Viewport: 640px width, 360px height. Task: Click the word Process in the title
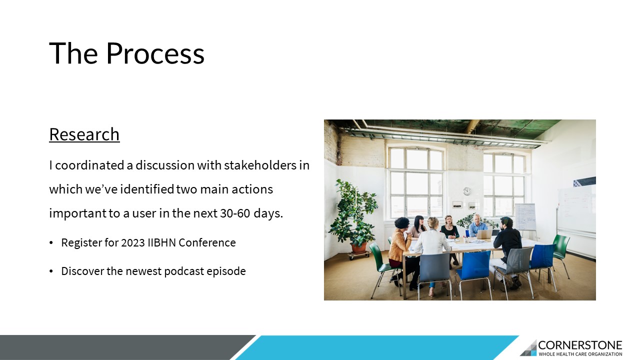tap(155, 53)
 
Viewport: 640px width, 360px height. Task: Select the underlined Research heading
tap(84, 134)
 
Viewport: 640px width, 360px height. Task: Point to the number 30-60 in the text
tap(235, 213)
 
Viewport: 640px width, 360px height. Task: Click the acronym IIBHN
tap(161, 242)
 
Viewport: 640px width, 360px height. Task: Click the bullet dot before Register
tap(51, 243)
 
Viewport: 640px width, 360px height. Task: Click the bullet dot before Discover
tap(51, 271)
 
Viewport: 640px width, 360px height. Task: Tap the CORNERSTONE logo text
tap(580, 345)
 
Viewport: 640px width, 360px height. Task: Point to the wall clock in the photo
tap(467, 191)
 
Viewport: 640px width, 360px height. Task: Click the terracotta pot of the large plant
tap(359, 248)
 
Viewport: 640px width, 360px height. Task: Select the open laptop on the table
tap(484, 234)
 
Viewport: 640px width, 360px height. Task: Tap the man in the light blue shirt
tap(477, 225)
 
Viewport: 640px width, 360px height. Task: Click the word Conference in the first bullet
tap(207, 242)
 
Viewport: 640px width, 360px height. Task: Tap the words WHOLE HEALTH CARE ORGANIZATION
tap(580, 354)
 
